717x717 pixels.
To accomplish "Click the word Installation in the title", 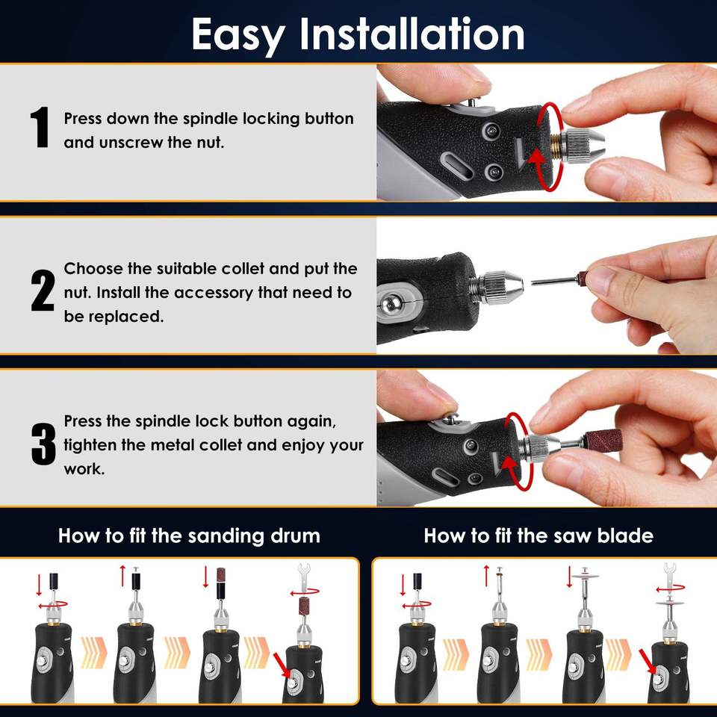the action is click(x=412, y=34).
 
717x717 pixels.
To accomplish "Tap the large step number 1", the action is click(x=40, y=127).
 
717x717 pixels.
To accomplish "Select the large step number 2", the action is click(x=43, y=291).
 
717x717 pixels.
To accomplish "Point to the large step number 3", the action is click(x=43, y=443).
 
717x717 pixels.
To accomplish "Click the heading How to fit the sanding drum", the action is click(x=189, y=536).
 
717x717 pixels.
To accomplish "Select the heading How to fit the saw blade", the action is click(x=538, y=536).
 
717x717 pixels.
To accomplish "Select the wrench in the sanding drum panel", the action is click(x=304, y=578).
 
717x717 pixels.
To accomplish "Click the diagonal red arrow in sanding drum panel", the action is click(x=282, y=665).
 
